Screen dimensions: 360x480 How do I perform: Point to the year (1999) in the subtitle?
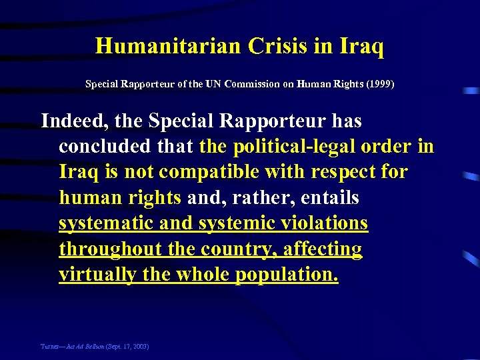pyautogui.click(x=379, y=85)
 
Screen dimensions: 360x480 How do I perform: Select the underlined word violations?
pyautogui.click(x=326, y=223)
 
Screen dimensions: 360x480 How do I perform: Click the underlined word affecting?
pyautogui.click(x=323, y=249)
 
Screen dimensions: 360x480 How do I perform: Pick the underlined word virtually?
pyautogui.click(x=98, y=274)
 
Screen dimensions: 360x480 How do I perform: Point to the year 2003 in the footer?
pyautogui.click(x=141, y=346)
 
